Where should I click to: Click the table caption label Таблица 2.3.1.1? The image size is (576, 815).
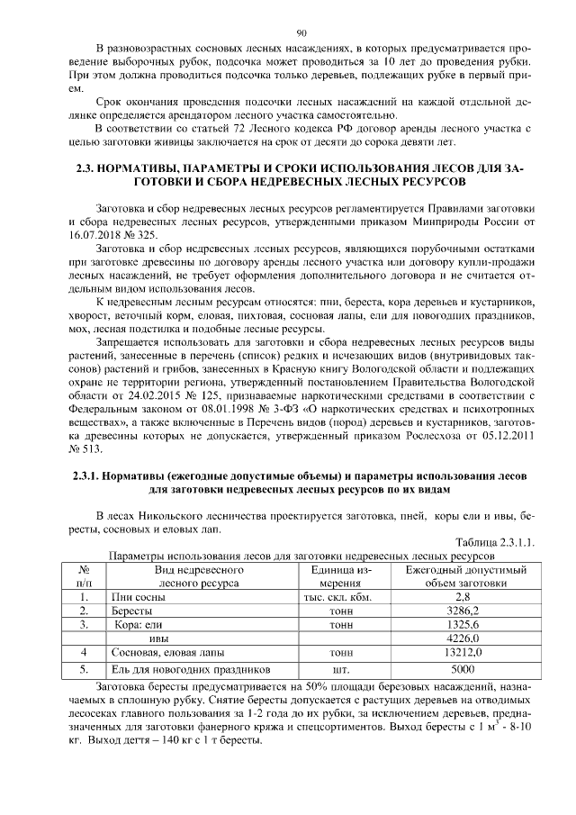(495, 542)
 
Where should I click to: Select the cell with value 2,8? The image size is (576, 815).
(463, 597)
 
